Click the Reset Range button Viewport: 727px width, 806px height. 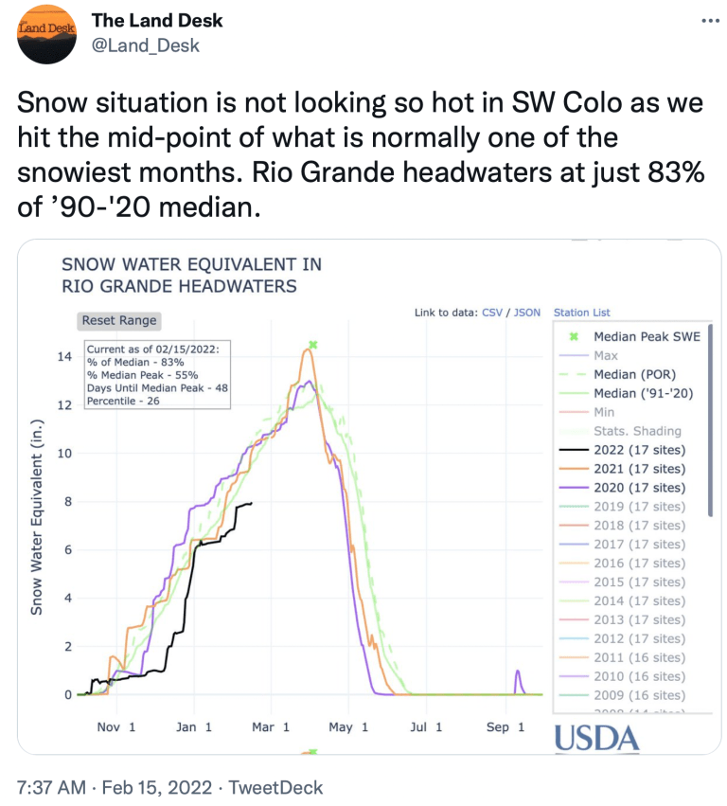pos(119,320)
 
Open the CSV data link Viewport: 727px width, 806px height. pos(492,312)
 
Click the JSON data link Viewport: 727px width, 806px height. pos(527,312)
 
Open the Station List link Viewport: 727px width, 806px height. pos(581,312)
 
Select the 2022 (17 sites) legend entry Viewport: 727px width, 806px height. pos(638,450)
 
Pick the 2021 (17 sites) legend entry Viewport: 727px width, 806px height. pos(638,469)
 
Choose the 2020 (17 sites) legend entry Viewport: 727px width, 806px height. pos(638,488)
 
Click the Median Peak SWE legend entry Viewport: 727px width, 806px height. pos(647,336)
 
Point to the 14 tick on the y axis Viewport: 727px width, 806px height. pos(64,357)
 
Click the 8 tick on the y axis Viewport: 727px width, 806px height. pos(66,502)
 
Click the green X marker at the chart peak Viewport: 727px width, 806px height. pos(312,346)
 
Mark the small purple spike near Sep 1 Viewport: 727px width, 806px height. pos(518,679)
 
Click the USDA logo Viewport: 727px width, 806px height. pos(596,739)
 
